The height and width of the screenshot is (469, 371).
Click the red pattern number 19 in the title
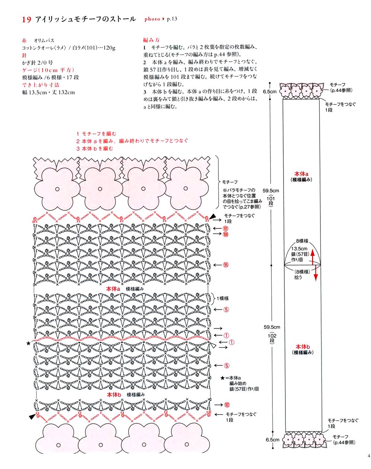click(26, 20)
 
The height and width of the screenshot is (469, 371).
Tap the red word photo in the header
click(152, 19)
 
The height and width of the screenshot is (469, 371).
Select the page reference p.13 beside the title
click(172, 19)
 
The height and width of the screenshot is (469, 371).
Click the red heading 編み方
click(151, 40)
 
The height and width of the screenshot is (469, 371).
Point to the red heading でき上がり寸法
click(41, 85)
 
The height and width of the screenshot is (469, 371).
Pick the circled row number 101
click(226, 229)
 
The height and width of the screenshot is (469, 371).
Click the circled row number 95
click(226, 265)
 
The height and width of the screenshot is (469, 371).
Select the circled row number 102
click(227, 405)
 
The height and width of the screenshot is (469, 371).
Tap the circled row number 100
click(226, 234)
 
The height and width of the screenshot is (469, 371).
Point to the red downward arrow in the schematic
click(316, 273)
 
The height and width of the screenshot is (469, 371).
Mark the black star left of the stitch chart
click(28, 343)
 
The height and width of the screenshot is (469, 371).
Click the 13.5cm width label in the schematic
click(299, 248)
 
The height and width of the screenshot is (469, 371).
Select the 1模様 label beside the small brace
click(223, 299)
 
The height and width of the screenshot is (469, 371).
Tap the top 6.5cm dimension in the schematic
click(270, 92)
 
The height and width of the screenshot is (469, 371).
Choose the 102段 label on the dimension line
click(272, 338)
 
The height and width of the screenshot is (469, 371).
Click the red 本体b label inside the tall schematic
click(303, 347)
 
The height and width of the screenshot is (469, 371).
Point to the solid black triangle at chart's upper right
click(212, 217)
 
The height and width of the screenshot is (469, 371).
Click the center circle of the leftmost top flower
click(57, 189)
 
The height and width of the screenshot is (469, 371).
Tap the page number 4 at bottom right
click(369, 456)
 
